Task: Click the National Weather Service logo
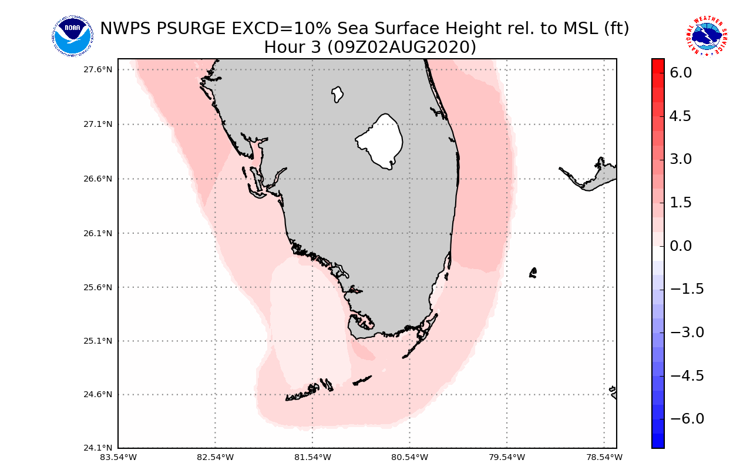click(x=706, y=36)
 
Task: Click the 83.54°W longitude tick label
click(x=118, y=457)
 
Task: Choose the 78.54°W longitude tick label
click(x=604, y=457)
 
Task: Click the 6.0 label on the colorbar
click(x=680, y=73)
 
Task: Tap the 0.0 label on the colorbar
click(x=680, y=246)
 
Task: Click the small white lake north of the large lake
click(x=337, y=94)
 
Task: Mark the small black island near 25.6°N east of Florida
click(x=533, y=273)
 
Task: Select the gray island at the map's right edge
click(x=599, y=174)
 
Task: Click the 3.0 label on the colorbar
click(x=680, y=159)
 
